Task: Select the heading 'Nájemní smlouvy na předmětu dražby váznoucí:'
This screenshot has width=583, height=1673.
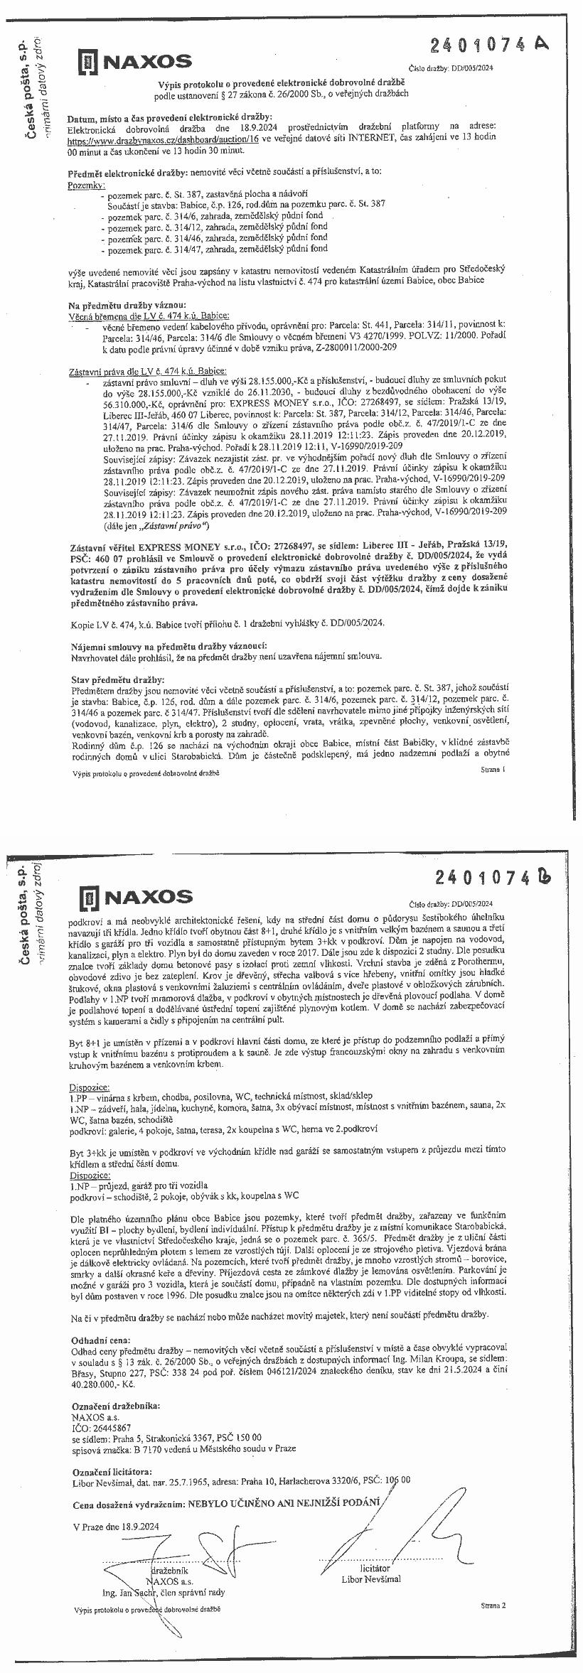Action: [x=169, y=645]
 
